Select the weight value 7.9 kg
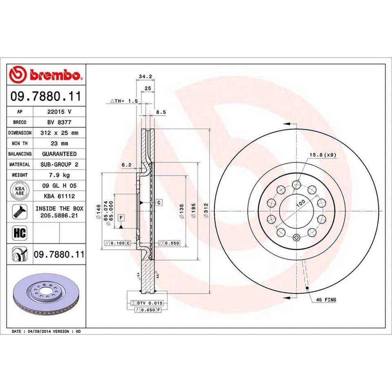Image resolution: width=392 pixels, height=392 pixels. point(59,175)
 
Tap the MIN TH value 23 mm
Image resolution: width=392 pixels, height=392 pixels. point(59,143)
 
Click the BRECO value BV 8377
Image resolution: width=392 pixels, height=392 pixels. point(59,122)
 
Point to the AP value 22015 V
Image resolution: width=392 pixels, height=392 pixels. point(59,111)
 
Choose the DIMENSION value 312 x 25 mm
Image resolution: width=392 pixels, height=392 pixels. point(59,133)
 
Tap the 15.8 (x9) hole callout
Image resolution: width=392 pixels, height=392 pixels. point(323,155)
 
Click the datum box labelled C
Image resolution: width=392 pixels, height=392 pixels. point(159,203)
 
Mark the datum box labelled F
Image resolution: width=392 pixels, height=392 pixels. point(121,217)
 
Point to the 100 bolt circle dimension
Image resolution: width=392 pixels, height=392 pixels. point(301,203)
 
